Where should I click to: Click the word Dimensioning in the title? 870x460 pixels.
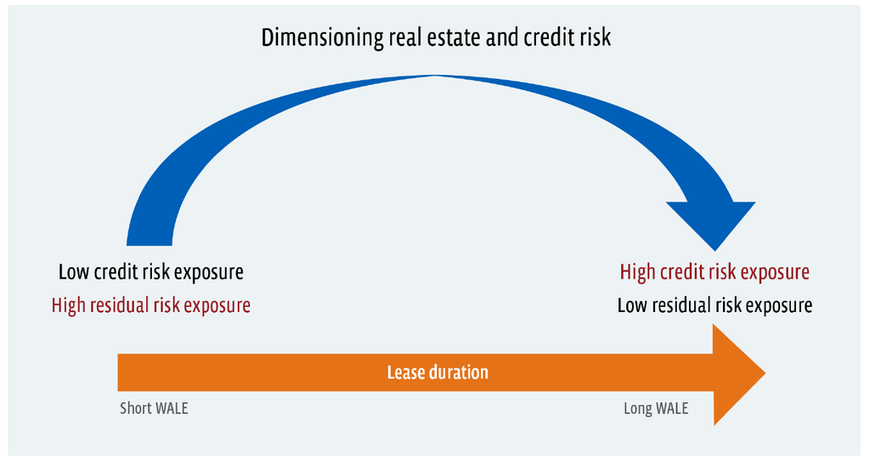point(322,38)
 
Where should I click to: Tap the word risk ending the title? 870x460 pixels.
point(595,37)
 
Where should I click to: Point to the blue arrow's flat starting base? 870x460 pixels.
point(150,244)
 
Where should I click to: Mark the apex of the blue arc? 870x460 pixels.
point(436,76)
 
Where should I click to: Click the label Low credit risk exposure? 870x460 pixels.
point(151,272)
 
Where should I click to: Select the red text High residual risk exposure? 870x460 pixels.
point(151,305)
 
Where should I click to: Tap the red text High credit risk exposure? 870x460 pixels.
point(715,272)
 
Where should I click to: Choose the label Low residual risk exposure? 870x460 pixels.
point(715,305)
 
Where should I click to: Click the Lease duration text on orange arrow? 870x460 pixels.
point(438,372)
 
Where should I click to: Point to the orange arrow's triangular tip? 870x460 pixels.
point(765,372)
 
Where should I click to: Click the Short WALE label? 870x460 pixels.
point(154,408)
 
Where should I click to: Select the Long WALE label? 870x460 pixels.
point(656,408)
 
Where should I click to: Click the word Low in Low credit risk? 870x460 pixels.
point(74,272)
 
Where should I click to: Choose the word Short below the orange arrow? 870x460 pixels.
point(135,408)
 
